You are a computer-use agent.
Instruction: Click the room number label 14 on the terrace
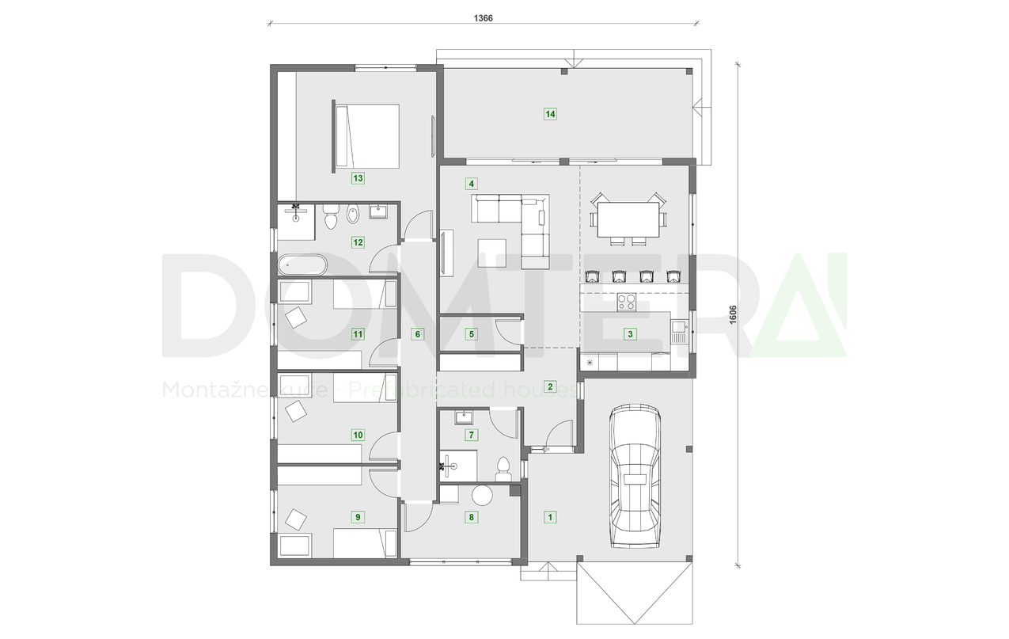tap(550, 114)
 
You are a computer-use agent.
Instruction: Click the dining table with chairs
tap(628, 219)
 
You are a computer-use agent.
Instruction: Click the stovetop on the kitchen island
tap(627, 302)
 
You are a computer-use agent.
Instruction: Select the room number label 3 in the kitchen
tap(630, 334)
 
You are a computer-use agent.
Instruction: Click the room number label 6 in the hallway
tap(418, 334)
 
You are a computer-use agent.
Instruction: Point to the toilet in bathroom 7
tap(503, 469)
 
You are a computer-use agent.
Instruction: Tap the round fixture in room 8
tap(481, 496)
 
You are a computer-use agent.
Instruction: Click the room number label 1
tap(550, 517)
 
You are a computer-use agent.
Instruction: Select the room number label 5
tap(472, 334)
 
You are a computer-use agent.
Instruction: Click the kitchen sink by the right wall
tap(679, 325)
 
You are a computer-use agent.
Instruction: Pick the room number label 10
tap(358, 435)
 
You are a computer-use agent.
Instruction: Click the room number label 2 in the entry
tap(550, 387)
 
